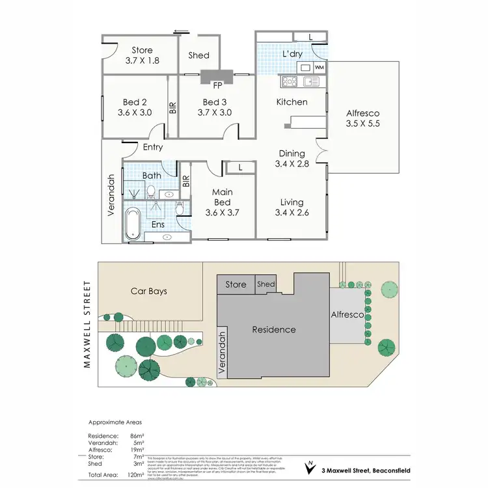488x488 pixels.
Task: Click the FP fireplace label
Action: pos(217,84)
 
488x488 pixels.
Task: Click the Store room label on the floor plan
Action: pos(142,50)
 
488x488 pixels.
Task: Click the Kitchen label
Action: pos(291,102)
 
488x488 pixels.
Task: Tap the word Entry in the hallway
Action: pos(153,148)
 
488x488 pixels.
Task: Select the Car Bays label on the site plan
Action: pos(148,291)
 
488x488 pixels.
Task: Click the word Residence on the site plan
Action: pos(274,329)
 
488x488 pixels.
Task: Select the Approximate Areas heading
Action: pos(115,422)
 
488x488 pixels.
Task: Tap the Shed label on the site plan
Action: pos(266,284)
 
